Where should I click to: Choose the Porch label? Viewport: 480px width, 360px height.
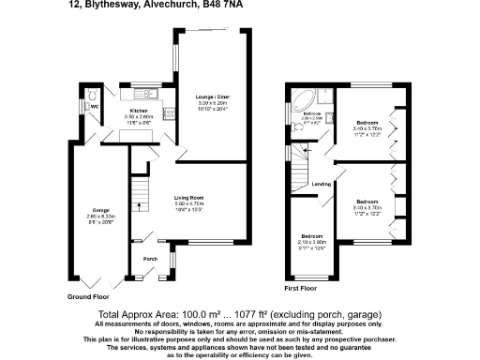coord(148,258)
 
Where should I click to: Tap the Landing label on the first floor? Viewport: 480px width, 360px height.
coord(320,184)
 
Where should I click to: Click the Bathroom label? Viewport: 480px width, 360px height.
coord(311,114)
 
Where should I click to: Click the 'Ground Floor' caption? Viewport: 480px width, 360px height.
coord(90,296)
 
